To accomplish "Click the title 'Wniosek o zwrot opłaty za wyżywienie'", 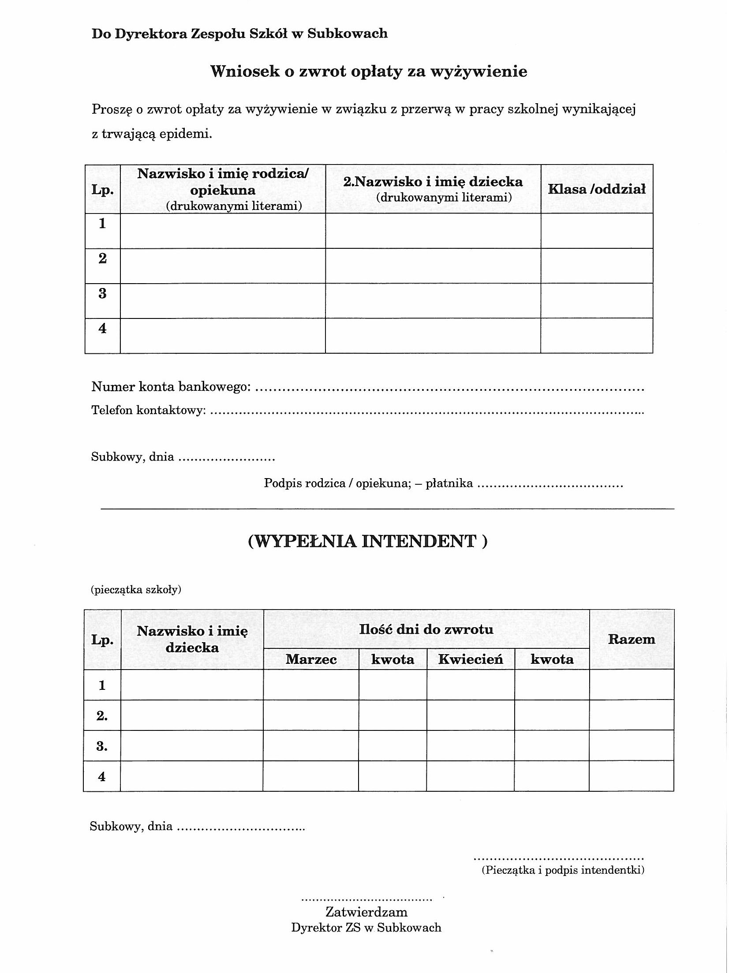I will pyautogui.click(x=368, y=71).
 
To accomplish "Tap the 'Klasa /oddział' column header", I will pyautogui.click(x=596, y=189).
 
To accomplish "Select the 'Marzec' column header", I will pyautogui.click(x=311, y=659).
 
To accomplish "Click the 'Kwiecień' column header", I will pyautogui.click(x=470, y=659).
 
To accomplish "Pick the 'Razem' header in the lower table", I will pyautogui.click(x=631, y=639).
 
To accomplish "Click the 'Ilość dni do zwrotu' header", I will pyautogui.click(x=426, y=629).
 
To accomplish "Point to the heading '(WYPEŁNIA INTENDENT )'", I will pyautogui.click(x=368, y=541).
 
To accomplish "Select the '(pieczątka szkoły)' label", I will pyautogui.click(x=136, y=590).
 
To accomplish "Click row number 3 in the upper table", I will pyautogui.click(x=102, y=294).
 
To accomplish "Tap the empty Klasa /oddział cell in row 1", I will pyautogui.click(x=596, y=231).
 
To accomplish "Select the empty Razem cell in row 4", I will pyautogui.click(x=631, y=776).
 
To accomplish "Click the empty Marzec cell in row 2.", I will pyautogui.click(x=311, y=715).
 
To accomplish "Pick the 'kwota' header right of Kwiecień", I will pyautogui.click(x=552, y=659).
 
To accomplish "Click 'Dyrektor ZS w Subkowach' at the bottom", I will pyautogui.click(x=366, y=927).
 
